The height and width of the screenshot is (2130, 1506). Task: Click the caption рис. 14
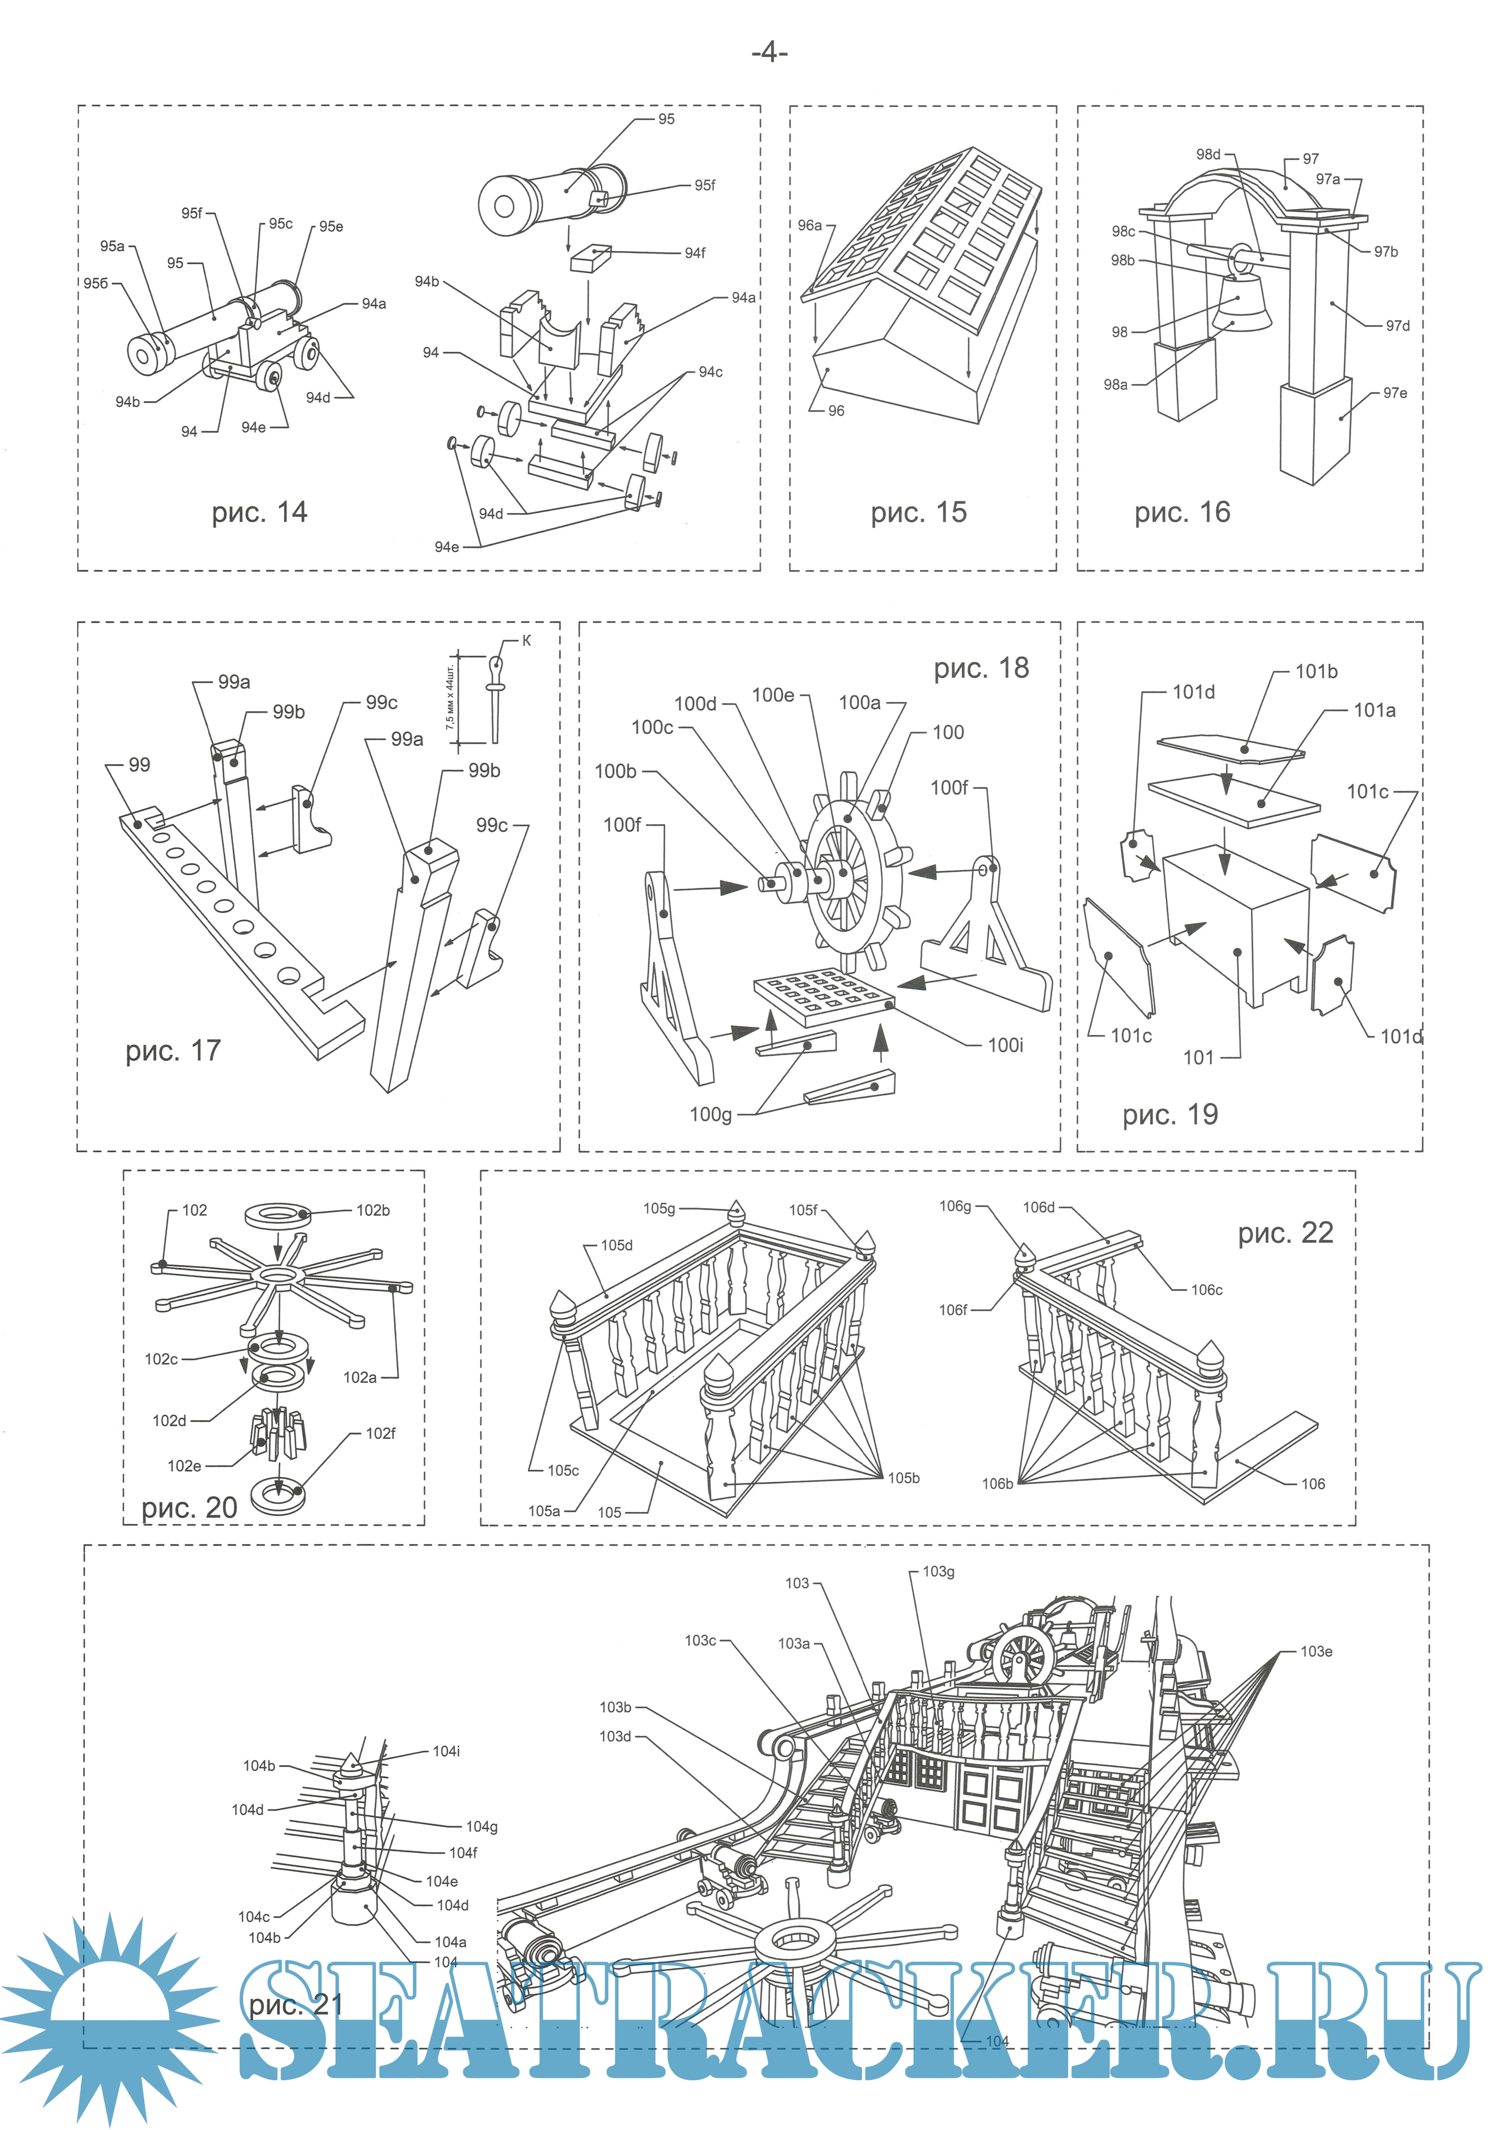(x=259, y=512)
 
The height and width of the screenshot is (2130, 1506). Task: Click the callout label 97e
(x=1395, y=393)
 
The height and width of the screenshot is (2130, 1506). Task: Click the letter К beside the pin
(x=527, y=640)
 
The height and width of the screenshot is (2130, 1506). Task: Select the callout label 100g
(x=711, y=1114)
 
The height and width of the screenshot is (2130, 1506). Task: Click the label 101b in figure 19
(x=1316, y=672)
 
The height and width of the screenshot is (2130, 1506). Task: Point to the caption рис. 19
(x=1170, y=1114)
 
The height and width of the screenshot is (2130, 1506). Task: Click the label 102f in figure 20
(x=380, y=1433)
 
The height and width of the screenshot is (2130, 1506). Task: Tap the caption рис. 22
(x=1285, y=1233)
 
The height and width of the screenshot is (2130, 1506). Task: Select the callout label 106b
(x=997, y=1483)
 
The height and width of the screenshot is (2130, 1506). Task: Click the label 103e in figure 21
(x=1316, y=1651)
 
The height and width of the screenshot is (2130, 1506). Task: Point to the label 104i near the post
(x=446, y=1751)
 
